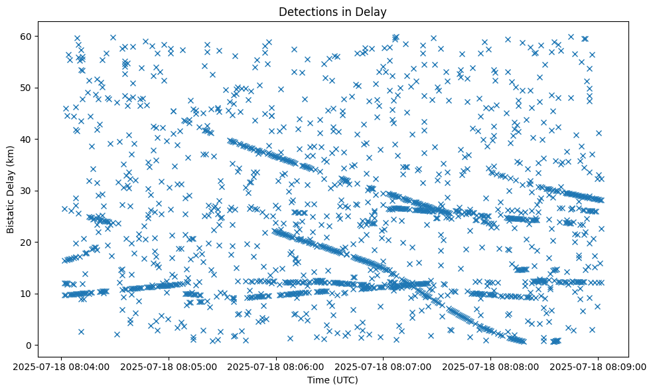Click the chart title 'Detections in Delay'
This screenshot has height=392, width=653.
332,12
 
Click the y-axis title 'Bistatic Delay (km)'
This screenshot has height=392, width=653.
11,190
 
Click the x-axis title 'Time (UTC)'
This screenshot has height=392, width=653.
332,380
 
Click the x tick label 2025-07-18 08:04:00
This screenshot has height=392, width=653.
62,365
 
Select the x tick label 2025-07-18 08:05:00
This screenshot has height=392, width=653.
169,365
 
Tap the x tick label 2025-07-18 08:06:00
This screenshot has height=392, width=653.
277,365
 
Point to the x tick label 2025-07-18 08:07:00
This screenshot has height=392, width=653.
384,365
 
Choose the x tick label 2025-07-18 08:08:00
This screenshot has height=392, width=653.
491,365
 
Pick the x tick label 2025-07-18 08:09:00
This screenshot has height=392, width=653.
599,365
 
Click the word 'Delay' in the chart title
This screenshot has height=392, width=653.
373,12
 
